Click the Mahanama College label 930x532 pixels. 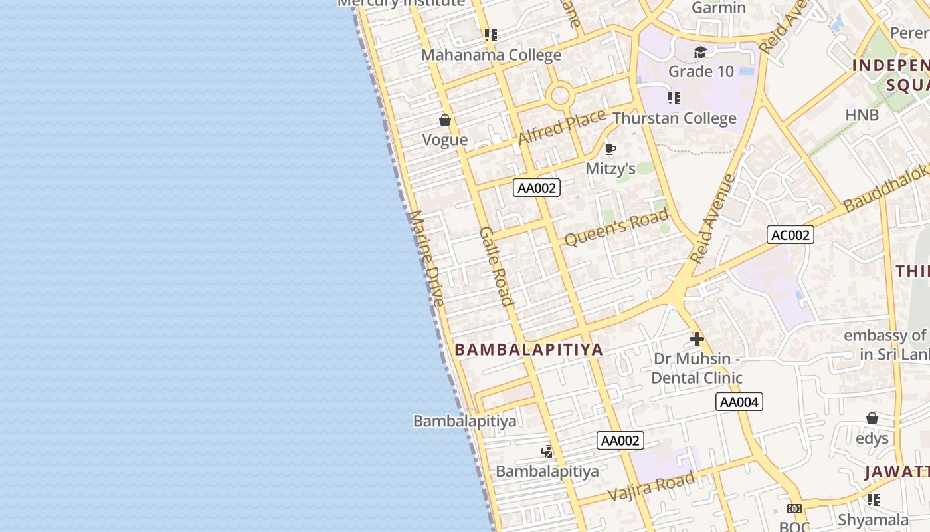491,55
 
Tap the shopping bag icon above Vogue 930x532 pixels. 445,120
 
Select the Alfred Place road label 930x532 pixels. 561,126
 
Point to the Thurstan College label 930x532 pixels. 674,118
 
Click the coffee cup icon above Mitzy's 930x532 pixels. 610,150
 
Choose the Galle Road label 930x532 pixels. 497,266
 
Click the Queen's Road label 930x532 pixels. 616,228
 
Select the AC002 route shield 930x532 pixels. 790,235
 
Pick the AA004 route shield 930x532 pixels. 739,402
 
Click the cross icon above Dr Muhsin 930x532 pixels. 696,339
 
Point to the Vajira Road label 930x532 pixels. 652,487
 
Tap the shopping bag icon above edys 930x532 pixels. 872,418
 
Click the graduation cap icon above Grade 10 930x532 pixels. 700,53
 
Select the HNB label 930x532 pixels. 862,115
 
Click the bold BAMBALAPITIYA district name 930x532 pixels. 529,350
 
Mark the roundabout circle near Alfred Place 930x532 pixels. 561,95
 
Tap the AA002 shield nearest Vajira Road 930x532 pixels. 620,440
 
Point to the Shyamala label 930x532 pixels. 873,519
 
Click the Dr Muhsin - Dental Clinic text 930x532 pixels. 696,368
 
